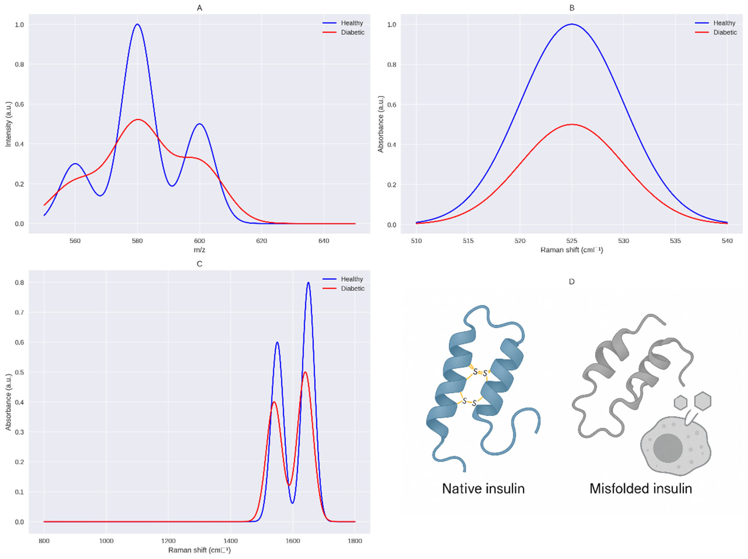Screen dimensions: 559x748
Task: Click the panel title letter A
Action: tap(199, 8)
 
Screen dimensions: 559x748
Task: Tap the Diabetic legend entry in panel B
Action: tap(725, 32)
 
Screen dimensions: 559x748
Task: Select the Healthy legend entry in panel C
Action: tap(352, 279)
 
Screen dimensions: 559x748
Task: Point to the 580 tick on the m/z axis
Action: tap(137, 241)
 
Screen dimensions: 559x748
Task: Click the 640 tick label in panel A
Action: tap(324, 241)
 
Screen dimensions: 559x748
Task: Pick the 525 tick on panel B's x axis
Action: tap(572, 241)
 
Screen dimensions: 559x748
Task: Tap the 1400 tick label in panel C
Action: tap(231, 541)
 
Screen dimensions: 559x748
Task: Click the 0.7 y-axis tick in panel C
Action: tap(19, 312)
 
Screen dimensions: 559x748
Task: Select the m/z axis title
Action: tap(199, 250)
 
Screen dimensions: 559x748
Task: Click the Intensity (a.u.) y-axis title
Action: tap(8, 124)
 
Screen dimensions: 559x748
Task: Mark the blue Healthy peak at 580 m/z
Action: tap(137, 24)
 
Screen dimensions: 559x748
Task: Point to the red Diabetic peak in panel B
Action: tap(572, 125)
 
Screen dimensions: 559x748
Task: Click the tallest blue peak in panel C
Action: tap(308, 283)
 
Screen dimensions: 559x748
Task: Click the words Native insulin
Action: tap(483, 489)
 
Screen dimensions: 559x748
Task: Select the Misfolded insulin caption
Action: tap(641, 489)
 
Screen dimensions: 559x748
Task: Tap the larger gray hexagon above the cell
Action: tap(703, 401)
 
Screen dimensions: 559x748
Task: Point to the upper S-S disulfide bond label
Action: tap(480, 373)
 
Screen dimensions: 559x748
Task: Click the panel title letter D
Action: tap(572, 282)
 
